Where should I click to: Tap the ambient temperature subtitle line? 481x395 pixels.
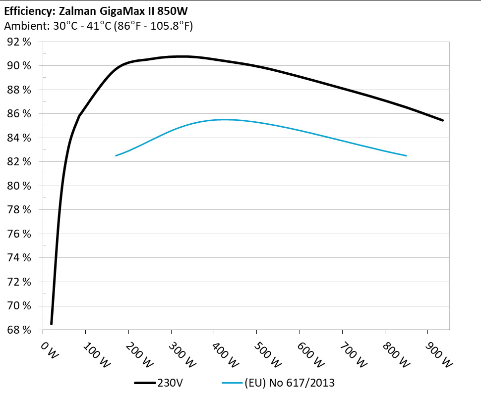(98, 26)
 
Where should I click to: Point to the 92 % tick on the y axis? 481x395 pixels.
(19, 42)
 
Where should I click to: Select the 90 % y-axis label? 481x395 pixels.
(19, 66)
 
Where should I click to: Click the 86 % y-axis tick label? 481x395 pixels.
(19, 114)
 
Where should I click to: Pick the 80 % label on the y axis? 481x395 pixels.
(19, 186)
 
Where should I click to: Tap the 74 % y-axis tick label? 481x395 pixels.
(19, 258)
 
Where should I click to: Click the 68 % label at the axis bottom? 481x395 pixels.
(19, 330)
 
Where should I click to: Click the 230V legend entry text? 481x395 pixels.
(170, 383)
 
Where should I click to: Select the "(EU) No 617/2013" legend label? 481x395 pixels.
(289, 383)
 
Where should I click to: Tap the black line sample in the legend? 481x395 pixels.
(145, 383)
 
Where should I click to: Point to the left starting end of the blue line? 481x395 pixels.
(116, 155)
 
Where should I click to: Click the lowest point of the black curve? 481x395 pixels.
(51, 324)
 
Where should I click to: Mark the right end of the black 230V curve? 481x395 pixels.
(442, 120)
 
